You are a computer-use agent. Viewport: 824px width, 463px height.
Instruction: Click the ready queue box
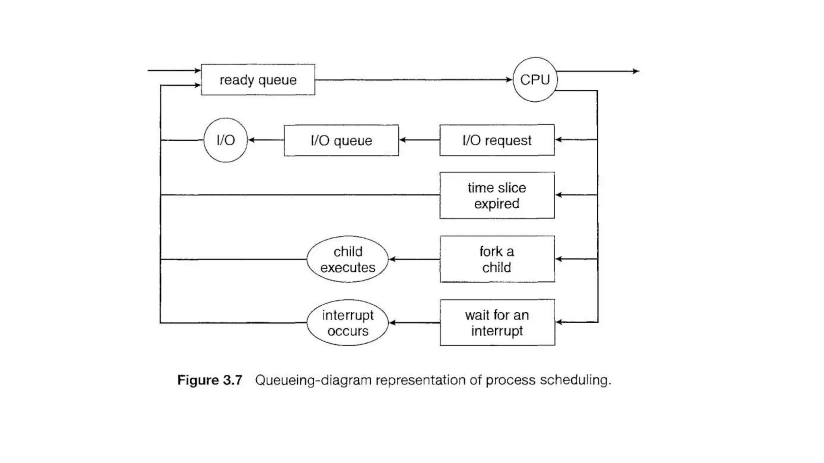point(258,80)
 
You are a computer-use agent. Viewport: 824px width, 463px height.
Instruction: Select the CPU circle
point(535,80)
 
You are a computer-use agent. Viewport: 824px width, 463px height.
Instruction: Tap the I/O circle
point(225,140)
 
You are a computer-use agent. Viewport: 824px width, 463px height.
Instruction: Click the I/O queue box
point(341,140)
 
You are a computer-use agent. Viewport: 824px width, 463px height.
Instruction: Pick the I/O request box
point(497,140)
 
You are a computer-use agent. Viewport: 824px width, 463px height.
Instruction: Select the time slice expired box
point(497,195)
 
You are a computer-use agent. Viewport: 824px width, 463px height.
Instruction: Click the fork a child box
point(497,259)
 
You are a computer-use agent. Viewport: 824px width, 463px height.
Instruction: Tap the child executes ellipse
point(348,259)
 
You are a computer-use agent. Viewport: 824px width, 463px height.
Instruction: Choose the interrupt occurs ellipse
point(348,323)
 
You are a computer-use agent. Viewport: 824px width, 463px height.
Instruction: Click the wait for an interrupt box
point(497,323)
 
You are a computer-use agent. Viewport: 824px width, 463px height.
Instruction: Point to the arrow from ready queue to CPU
point(414,80)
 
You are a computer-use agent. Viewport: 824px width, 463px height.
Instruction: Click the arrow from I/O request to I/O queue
point(419,140)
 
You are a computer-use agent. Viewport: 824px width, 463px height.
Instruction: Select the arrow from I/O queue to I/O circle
point(266,140)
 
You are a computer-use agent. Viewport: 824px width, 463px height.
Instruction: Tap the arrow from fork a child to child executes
point(414,259)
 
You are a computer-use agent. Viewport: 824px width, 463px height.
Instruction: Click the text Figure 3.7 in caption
point(210,380)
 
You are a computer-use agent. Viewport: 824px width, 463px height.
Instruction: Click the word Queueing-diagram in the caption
point(313,380)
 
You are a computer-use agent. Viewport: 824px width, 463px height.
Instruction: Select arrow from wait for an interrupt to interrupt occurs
point(414,323)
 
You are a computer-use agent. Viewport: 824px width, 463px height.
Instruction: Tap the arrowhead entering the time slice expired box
point(558,195)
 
